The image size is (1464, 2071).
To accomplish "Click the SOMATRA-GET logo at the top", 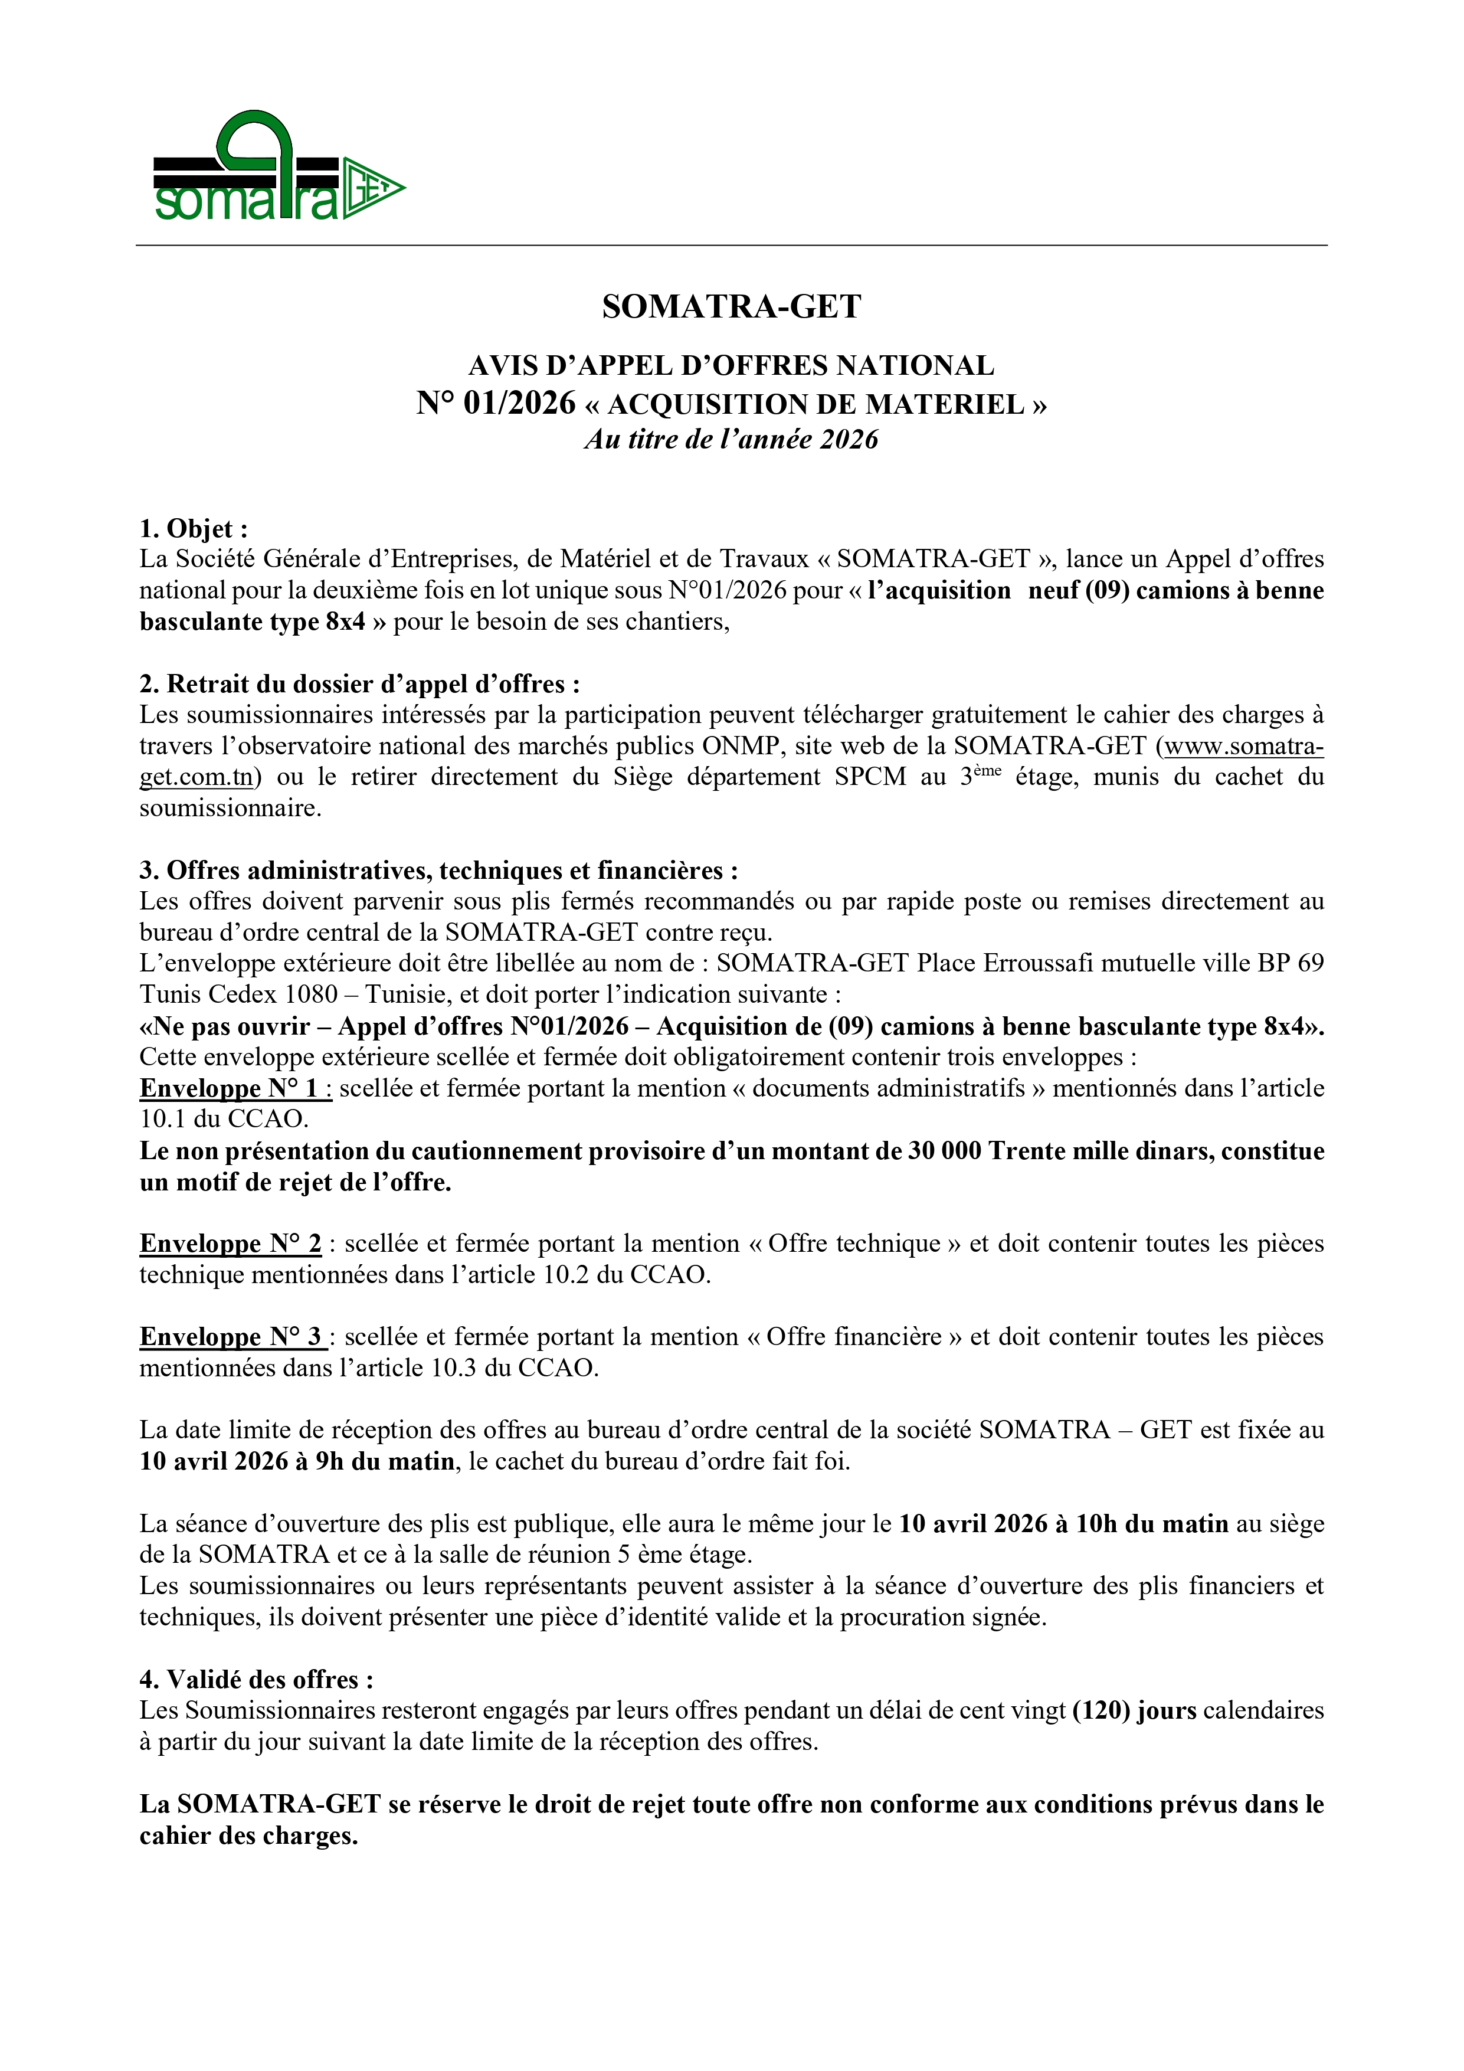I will [x=278, y=167].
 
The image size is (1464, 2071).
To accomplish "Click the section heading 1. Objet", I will [x=193, y=529].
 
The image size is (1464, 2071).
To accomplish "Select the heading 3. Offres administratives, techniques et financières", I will [x=438, y=871].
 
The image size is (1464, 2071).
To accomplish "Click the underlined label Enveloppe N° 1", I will [x=234, y=1089].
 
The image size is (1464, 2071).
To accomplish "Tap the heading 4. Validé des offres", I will [x=256, y=1680].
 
